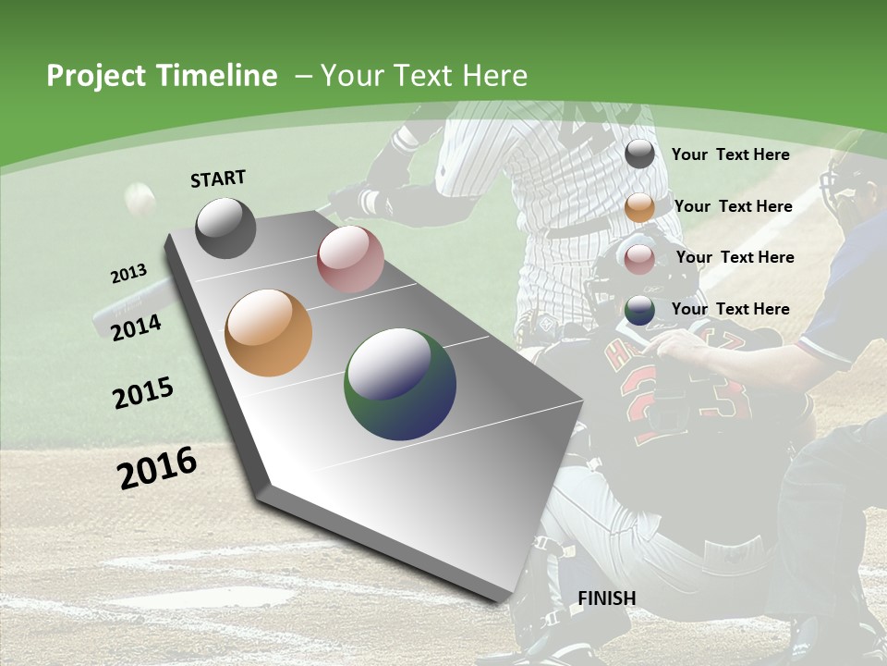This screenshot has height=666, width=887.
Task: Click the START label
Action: (218, 179)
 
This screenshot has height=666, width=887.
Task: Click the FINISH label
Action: (607, 598)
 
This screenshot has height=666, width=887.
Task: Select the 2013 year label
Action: (129, 273)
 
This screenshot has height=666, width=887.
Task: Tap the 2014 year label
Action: (137, 327)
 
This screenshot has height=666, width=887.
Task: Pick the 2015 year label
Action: (143, 393)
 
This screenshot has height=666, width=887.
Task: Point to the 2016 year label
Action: (157, 467)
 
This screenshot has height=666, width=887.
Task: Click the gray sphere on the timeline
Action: (226, 228)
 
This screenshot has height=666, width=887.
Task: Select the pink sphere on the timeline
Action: (350, 259)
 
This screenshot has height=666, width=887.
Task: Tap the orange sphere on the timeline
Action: (269, 333)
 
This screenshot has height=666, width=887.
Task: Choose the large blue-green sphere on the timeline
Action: (400, 384)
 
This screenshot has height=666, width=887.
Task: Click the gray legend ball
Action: (639, 154)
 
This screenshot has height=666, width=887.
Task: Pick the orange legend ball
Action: (639, 207)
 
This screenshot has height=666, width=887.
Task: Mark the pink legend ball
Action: (639, 259)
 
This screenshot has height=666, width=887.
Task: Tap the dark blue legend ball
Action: (639, 310)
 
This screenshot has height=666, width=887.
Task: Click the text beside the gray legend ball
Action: (730, 154)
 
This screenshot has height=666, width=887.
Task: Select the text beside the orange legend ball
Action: (733, 206)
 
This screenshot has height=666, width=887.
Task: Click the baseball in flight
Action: (140, 199)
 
